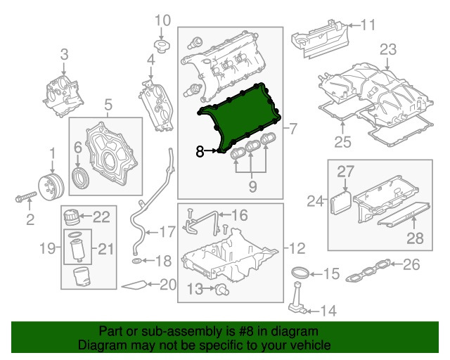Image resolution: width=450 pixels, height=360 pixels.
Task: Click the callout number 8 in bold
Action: click(200, 150)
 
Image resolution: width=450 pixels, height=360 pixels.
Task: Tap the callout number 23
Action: click(388, 49)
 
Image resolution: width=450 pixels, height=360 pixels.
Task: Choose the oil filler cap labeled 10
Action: click(161, 48)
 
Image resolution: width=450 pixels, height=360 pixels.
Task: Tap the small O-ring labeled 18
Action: click(135, 262)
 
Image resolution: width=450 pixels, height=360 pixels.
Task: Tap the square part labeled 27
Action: click(340, 202)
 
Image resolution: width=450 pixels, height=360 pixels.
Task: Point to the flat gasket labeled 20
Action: click(136, 285)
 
